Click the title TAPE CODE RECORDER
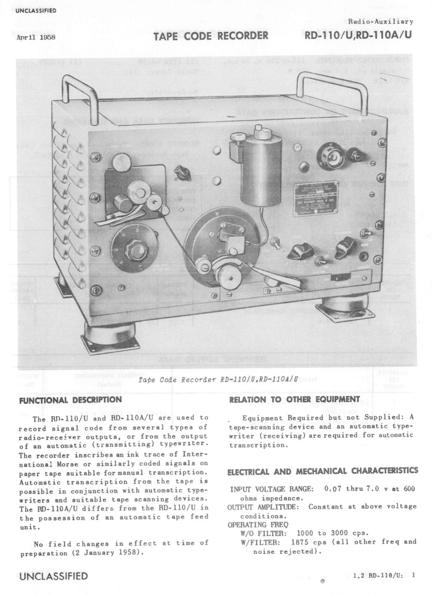click(211, 36)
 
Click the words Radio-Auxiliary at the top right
click(381, 21)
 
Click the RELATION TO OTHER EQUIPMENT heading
click(294, 399)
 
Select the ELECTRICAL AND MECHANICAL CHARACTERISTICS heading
click(323, 471)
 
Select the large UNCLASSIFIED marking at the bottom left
click(54, 576)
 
